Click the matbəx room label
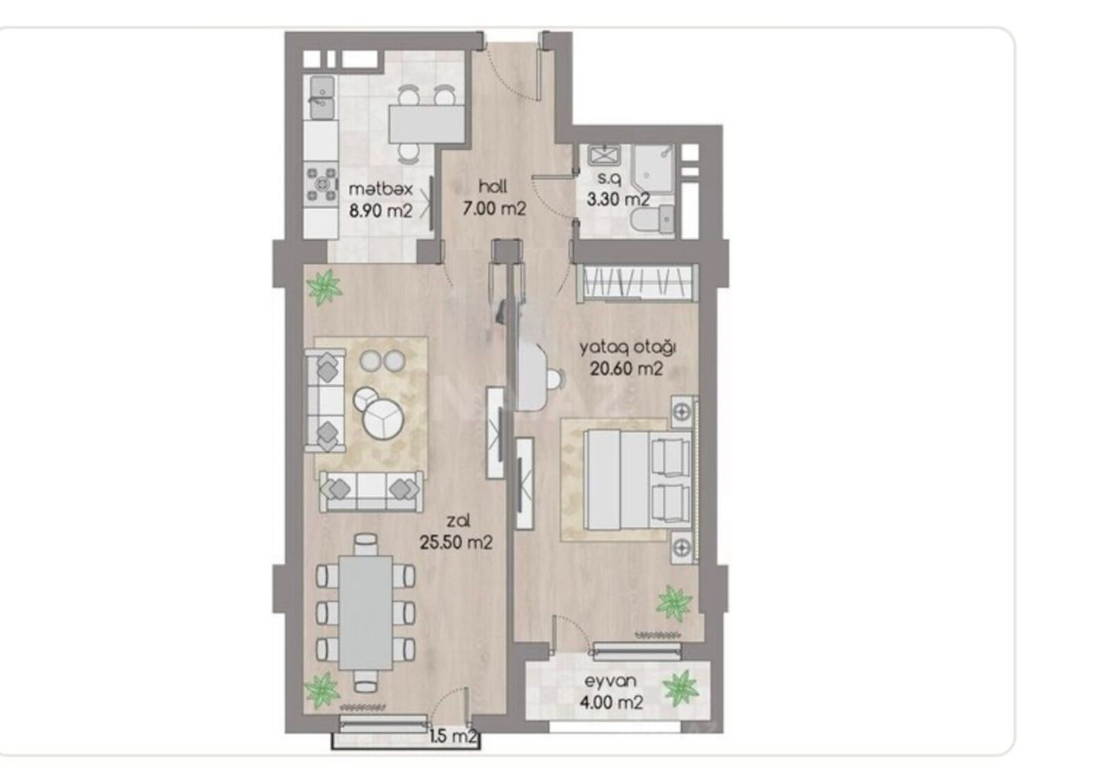tap(381, 189)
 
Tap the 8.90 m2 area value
tap(381, 211)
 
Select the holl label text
tap(493, 187)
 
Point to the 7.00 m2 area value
tap(494, 208)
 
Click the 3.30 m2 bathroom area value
tap(618, 199)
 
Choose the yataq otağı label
tap(628, 348)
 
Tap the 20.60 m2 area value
tap(626, 369)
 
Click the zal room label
tap(458, 521)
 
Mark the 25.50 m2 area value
tap(456, 542)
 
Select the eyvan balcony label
tap(610, 681)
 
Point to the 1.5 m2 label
tap(453, 736)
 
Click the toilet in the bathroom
tap(653, 220)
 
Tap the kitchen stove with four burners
tap(321, 185)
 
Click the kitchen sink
tap(322, 97)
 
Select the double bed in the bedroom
tap(637, 480)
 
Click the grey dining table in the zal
tap(365, 612)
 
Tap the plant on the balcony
tap(681, 688)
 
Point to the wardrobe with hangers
tap(637, 283)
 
